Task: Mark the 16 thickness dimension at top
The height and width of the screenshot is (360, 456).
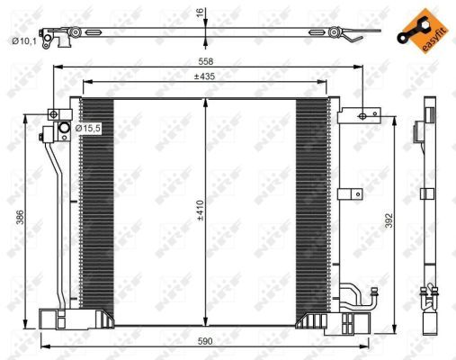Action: pyautogui.click(x=200, y=13)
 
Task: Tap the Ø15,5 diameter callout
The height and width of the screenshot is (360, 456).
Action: pyautogui.click(x=88, y=130)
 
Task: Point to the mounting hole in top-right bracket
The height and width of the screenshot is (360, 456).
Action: pyautogui.click(x=362, y=114)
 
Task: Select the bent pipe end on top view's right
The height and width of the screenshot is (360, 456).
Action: pyautogui.click(x=355, y=37)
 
